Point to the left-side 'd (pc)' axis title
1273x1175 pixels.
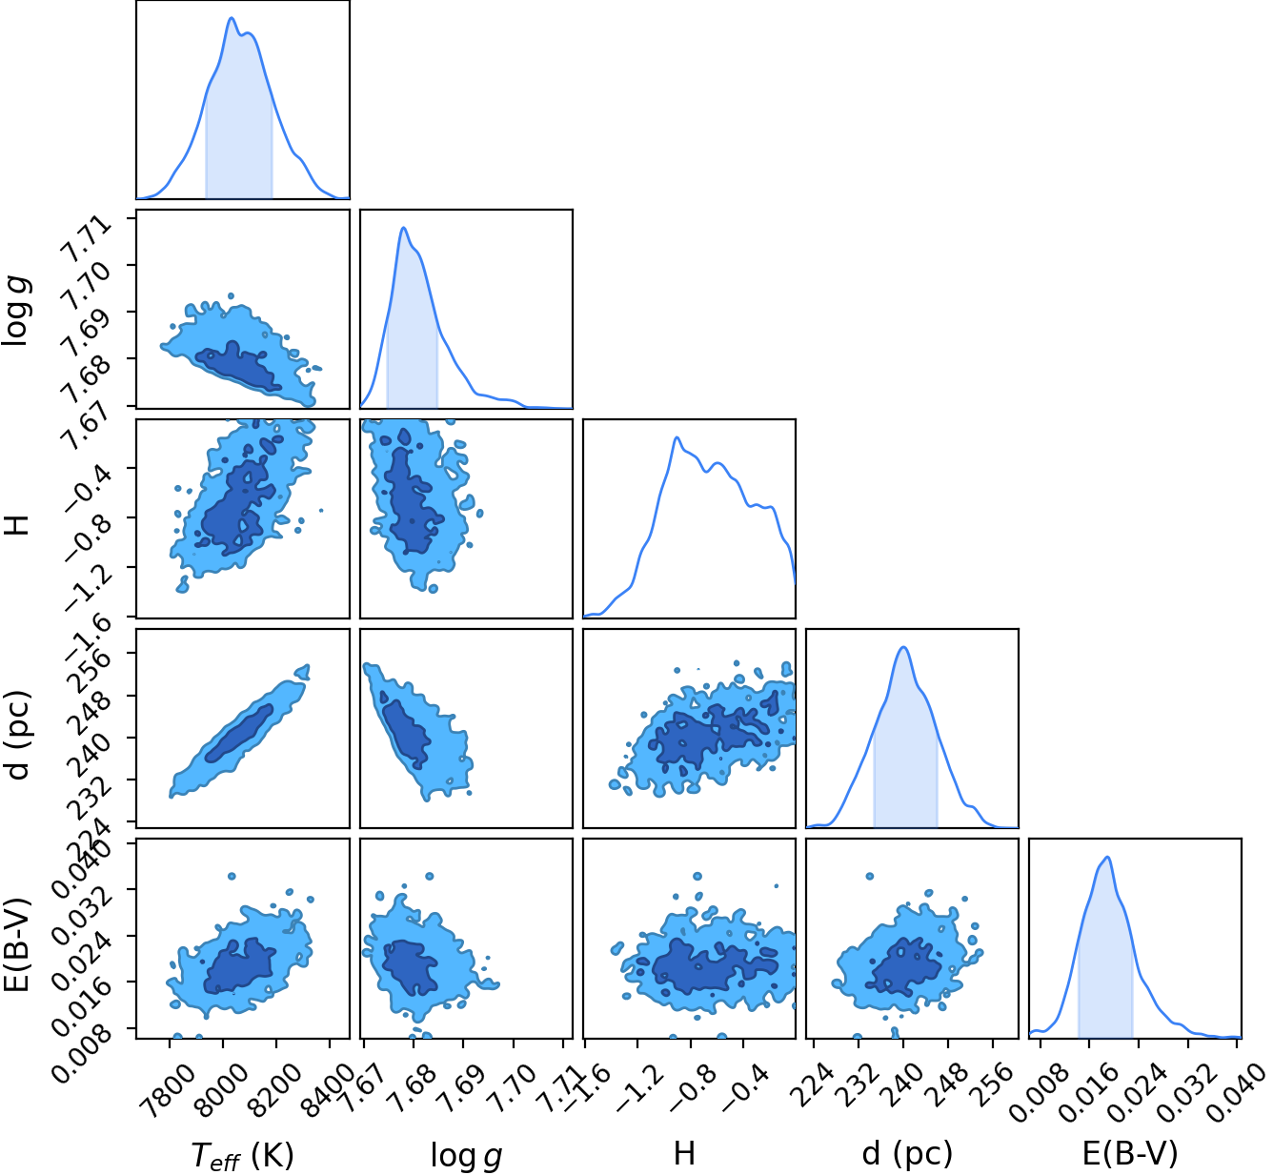coord(19,735)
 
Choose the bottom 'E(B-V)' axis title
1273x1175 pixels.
coord(1130,1154)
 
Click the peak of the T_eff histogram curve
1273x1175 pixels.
coord(232,18)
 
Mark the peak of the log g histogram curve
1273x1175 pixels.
coord(403,228)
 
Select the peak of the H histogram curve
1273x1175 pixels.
coord(677,437)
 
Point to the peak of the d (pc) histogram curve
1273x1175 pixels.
coord(904,646)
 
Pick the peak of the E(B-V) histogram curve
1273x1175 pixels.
coord(1107,857)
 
